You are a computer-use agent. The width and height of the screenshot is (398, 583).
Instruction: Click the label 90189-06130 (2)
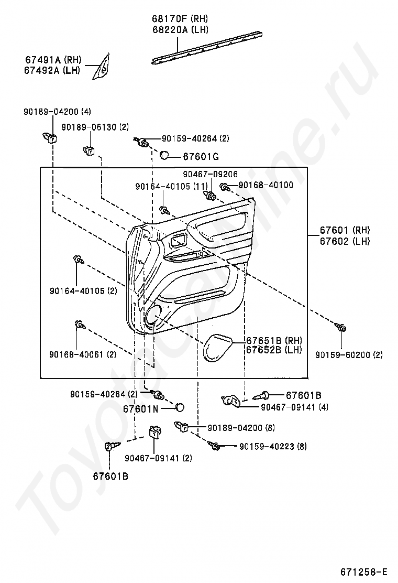point(95,127)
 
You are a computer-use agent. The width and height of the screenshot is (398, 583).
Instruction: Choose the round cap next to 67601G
point(164,155)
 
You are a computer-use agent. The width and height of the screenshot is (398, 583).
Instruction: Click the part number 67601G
point(201,157)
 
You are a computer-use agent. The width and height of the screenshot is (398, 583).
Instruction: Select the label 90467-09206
point(210,174)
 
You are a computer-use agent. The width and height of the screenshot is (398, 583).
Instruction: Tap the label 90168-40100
point(266,185)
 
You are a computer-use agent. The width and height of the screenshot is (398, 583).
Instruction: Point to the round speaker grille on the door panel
point(153,316)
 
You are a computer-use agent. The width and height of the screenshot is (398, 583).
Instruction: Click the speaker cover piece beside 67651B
point(217,348)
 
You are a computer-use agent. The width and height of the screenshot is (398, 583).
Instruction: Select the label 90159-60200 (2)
point(349,355)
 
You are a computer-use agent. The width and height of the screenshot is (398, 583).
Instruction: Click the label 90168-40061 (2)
point(83,354)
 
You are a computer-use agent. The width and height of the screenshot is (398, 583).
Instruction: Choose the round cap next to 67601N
point(180,407)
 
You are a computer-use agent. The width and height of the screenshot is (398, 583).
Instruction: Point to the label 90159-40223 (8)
point(273,447)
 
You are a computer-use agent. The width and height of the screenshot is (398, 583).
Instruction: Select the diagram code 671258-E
point(363,571)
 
